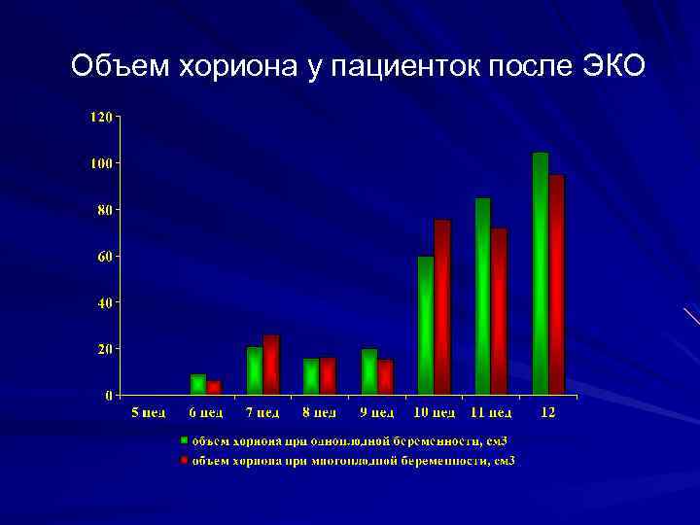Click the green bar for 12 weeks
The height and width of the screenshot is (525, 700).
[x=541, y=273]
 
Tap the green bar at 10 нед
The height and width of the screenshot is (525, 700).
[x=426, y=325]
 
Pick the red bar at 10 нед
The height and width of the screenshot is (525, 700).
[x=443, y=307]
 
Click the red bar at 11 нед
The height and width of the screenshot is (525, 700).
[x=500, y=311]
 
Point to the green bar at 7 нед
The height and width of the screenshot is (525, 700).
[x=255, y=370]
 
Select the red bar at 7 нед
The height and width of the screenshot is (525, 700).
[x=271, y=365]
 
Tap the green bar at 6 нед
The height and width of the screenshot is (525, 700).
[x=198, y=384]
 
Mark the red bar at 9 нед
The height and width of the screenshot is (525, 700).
[x=386, y=377]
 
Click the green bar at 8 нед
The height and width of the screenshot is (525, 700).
[x=312, y=376]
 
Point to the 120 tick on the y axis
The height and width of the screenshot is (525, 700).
[x=100, y=117]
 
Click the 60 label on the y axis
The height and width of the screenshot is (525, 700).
[x=103, y=256]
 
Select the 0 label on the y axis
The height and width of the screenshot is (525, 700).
[x=108, y=395]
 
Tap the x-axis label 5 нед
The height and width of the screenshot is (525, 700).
[x=148, y=413]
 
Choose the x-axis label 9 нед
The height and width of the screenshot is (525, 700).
[x=377, y=413]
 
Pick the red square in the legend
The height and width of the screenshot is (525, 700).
[x=183, y=459]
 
